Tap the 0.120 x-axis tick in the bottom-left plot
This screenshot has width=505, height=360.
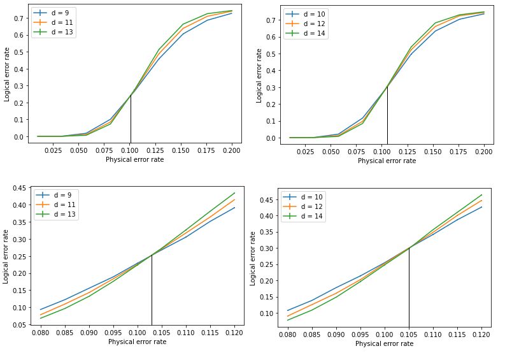tap(234, 333)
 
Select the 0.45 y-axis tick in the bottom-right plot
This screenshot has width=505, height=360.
tap(267, 199)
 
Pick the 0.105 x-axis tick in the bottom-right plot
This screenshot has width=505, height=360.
tap(409, 335)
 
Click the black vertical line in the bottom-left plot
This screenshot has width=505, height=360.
tap(152, 290)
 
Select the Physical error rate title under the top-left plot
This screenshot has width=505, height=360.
tap(134, 159)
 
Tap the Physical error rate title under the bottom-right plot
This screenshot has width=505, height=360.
tap(384, 343)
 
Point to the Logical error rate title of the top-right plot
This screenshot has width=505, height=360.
tap(259, 75)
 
